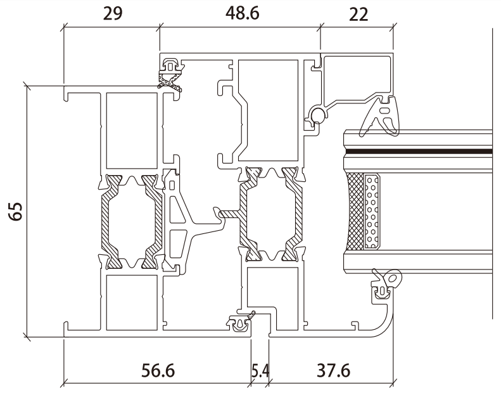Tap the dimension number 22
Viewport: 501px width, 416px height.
pyautogui.click(x=358, y=14)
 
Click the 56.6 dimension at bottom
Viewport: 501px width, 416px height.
pyautogui.click(x=157, y=370)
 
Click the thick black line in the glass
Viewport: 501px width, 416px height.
pyautogui.click(x=418, y=152)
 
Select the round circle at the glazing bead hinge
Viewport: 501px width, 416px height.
pyautogui.click(x=316, y=115)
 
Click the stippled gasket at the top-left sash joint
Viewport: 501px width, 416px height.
pyautogui.click(x=170, y=81)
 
